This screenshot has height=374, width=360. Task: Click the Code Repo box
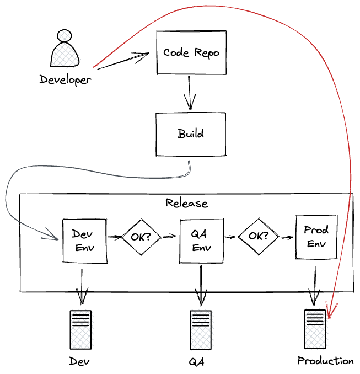tap(191, 52)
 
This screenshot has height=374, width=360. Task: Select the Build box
tap(191, 134)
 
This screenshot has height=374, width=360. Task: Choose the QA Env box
tap(201, 241)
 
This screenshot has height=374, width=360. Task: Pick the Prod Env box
tap(316, 237)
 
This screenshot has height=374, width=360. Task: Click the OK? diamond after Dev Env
tap(141, 237)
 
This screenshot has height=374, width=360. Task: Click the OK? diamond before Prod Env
tap(259, 236)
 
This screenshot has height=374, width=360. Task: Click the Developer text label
tap(65, 80)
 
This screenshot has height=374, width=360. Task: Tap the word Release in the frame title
tap(186, 203)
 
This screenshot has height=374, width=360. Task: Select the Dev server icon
tap(81, 329)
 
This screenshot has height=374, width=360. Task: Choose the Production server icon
tap(315, 329)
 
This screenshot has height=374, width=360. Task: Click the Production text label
tap(325, 361)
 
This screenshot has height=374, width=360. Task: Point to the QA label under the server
tap(197, 362)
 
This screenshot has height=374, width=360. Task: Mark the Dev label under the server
tap(79, 362)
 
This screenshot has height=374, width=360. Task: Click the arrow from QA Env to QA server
tap(201, 284)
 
